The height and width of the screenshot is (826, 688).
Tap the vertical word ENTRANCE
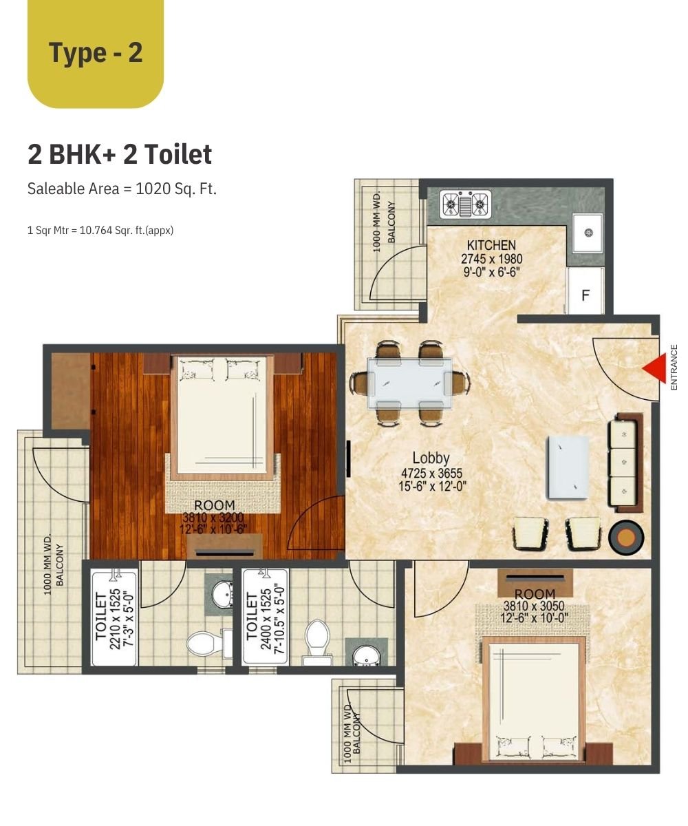(674, 368)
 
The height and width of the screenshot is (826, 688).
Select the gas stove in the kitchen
(465, 204)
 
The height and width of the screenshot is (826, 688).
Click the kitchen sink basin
(588, 233)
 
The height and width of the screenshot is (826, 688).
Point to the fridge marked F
(585, 290)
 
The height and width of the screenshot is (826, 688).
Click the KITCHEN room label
(491, 245)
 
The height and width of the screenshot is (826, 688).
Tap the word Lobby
(431, 458)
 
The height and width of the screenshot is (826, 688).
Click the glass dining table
(409, 383)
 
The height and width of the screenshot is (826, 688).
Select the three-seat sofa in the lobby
(625, 463)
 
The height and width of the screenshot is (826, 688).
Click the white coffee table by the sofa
(568, 467)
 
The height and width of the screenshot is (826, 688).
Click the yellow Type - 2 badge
(96, 53)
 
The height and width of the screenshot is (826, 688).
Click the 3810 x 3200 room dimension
(213, 518)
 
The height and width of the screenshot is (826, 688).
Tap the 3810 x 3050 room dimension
(534, 606)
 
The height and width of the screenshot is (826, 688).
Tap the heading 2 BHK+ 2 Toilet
(120, 154)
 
